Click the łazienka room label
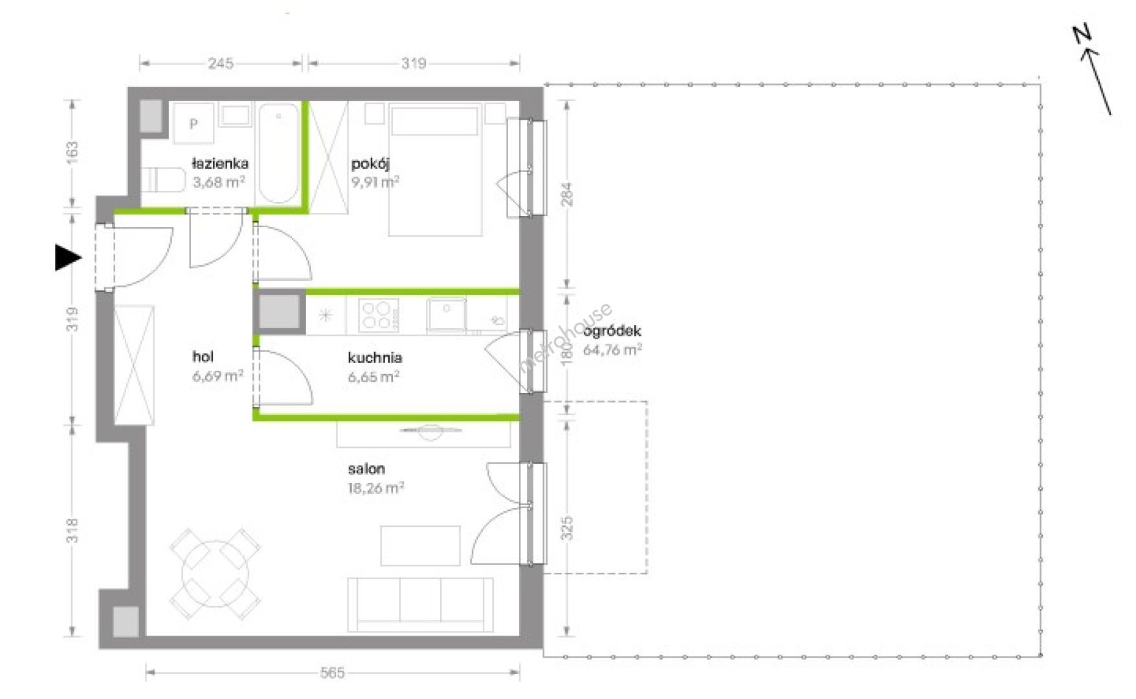coord(219,164)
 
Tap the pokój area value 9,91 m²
coord(375,182)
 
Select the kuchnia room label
coord(375,357)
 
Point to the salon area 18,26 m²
coord(376,487)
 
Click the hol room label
coord(203,357)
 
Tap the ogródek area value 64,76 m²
coord(613,350)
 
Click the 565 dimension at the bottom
coord(332,673)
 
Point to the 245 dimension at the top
coord(221,63)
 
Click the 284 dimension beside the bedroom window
coord(567,194)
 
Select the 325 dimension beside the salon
coord(567,528)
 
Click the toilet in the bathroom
coord(163,180)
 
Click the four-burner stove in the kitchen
coord(379,315)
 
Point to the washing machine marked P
coord(193,123)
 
